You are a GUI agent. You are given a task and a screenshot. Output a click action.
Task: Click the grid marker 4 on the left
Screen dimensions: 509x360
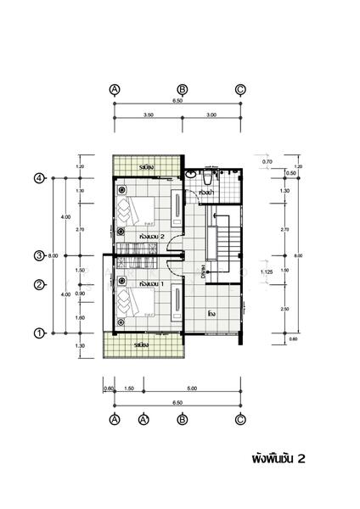tap(39, 178)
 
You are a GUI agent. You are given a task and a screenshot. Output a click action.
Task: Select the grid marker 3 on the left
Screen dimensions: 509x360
tap(39, 255)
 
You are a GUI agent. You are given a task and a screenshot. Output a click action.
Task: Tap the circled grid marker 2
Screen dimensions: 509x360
tap(39, 285)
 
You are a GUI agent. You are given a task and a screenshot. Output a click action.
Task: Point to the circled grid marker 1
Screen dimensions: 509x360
tap(39, 333)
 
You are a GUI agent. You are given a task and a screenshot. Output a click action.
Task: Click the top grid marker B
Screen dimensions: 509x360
tap(182, 89)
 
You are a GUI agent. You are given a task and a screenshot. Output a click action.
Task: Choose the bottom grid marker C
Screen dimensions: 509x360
tap(240, 419)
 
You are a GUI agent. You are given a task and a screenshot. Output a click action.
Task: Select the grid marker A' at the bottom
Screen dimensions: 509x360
tap(143, 419)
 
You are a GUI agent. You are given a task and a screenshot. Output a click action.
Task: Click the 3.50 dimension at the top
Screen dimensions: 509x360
tap(149, 114)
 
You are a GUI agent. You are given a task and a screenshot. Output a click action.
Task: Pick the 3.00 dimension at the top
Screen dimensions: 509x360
tap(211, 114)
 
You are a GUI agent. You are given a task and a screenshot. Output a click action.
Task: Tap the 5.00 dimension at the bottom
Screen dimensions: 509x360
tap(192, 389)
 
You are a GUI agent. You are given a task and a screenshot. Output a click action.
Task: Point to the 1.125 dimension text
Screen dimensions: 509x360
tap(266, 272)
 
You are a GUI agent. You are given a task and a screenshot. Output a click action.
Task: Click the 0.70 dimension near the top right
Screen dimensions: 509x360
tap(267, 161)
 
